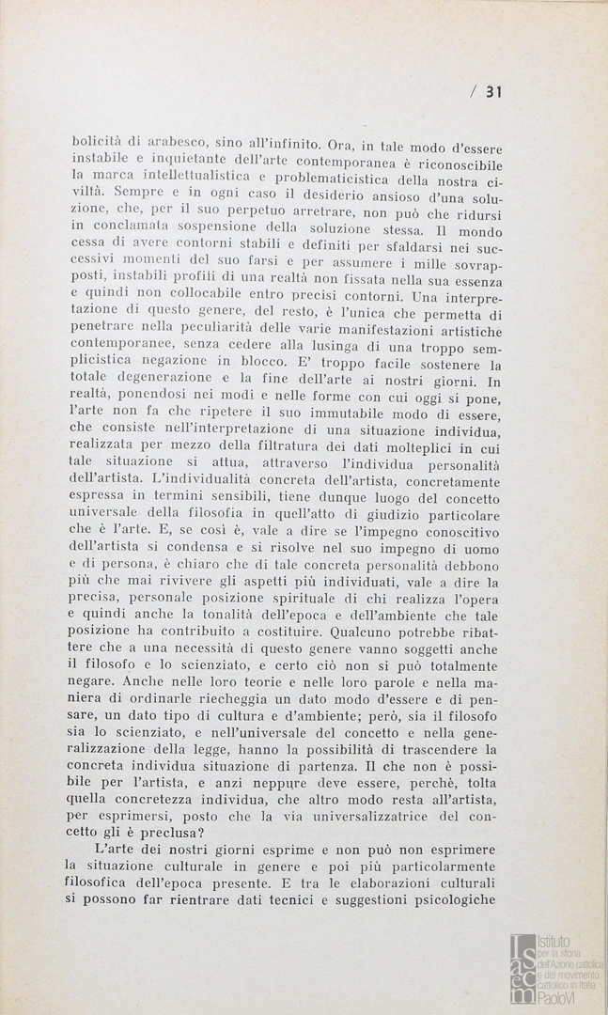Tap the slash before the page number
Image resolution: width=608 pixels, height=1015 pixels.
tap(475, 91)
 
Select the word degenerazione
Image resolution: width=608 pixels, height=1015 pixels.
tap(161, 377)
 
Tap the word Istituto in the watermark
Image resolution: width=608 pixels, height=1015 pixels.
tap(554, 941)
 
